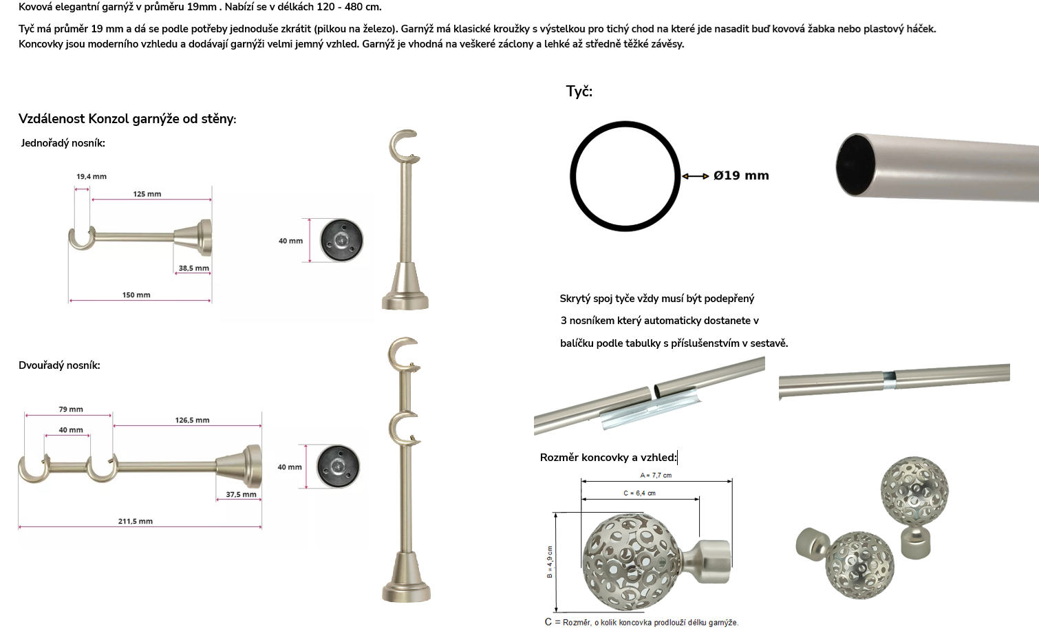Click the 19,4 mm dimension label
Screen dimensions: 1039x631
(x=92, y=176)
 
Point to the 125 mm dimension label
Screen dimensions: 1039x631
(x=147, y=194)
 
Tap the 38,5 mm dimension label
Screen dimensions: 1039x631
(x=194, y=268)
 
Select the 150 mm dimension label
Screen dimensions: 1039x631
(x=136, y=295)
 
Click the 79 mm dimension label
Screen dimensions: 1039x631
(x=71, y=409)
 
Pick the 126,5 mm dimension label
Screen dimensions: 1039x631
(x=192, y=420)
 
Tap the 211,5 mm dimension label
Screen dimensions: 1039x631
(x=135, y=522)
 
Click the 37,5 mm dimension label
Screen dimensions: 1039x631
(x=242, y=495)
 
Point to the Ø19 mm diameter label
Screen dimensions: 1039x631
(x=741, y=175)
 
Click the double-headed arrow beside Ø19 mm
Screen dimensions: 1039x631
(x=695, y=176)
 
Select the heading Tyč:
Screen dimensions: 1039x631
(x=579, y=92)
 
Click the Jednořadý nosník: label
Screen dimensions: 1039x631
(x=63, y=143)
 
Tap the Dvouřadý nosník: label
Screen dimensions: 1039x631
(x=59, y=365)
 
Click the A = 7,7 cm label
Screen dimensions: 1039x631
(x=656, y=475)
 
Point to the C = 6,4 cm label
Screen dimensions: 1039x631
(x=640, y=493)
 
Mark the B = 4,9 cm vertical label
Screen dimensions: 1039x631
(x=550, y=562)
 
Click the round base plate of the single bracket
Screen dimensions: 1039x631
(x=341, y=240)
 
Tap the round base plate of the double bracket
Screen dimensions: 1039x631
(x=338, y=467)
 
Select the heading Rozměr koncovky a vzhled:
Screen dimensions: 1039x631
(x=608, y=458)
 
